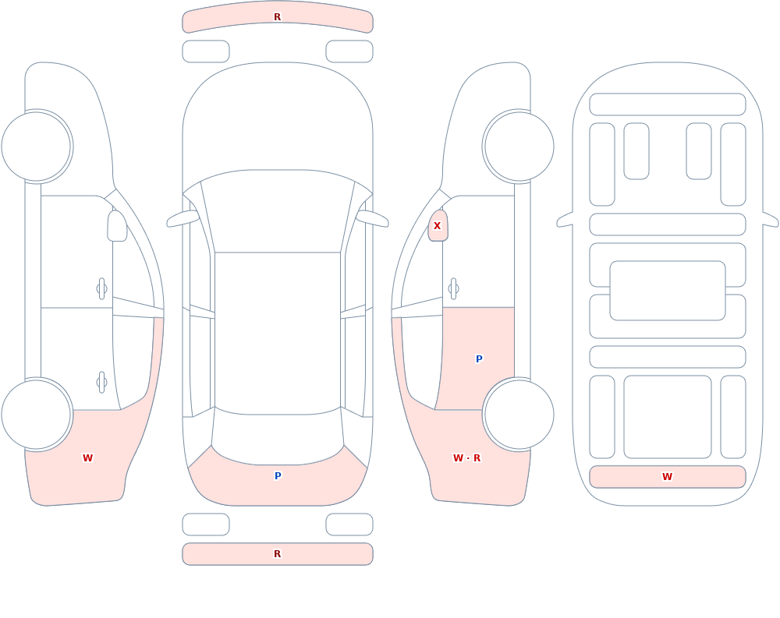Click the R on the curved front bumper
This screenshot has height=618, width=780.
point(278,17)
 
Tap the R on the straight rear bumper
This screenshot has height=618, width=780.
point(278,554)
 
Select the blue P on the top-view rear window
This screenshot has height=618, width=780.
point(278,476)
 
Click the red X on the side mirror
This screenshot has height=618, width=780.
point(438,226)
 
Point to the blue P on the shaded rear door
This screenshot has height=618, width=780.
point(479,359)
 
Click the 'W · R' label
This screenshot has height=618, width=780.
point(466,458)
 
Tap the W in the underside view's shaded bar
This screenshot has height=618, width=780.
point(667,477)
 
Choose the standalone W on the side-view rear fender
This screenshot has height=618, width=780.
point(87,458)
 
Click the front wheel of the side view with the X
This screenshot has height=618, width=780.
point(519,147)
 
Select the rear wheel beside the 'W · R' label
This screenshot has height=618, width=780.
point(519,415)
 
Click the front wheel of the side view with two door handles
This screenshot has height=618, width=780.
point(37,147)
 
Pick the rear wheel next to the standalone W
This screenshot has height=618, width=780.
point(37,415)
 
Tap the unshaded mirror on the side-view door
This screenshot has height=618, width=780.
point(118,226)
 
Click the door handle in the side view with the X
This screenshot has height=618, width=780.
point(453,289)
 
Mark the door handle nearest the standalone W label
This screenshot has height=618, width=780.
point(101,383)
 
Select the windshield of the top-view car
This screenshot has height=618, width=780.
point(278,211)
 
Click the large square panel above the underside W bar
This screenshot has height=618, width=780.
point(668,417)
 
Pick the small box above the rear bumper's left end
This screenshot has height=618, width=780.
point(206,524)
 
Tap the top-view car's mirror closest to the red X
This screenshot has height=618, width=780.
point(372,219)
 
